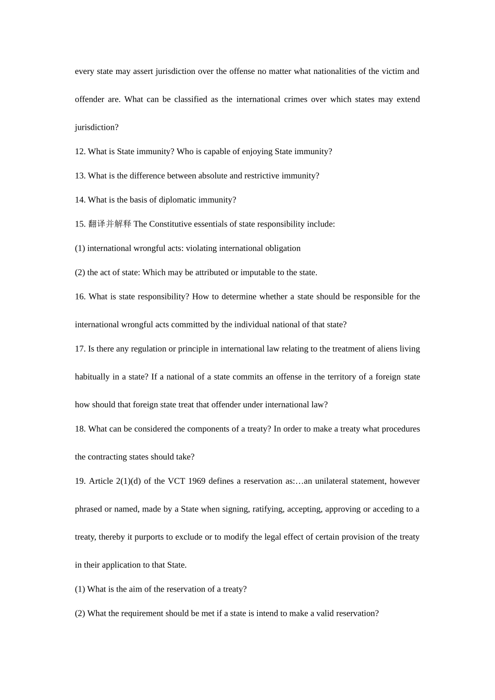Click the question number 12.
pos(80,152)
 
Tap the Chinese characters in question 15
pos(110,224)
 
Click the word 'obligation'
pos(282,248)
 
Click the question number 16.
pos(80,297)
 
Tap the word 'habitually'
pos(92,377)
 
